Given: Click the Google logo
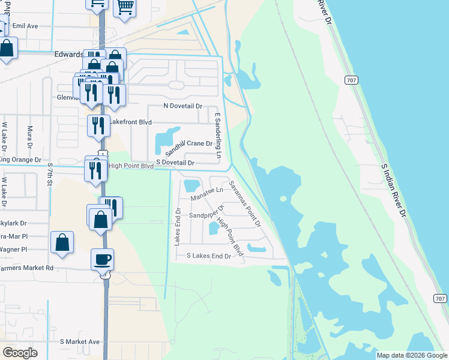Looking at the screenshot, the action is click(20, 353).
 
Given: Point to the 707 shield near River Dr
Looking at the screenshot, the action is click(352, 80).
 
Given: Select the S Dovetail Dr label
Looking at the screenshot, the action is click(175, 163).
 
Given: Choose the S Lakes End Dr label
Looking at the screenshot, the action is click(209, 256).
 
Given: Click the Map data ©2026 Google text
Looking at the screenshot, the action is click(412, 355).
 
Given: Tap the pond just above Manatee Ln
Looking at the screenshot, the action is click(192, 184).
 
